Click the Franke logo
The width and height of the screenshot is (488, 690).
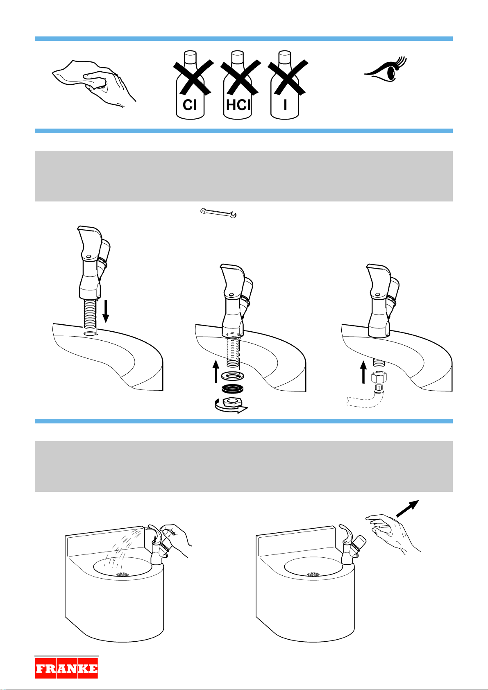click(x=66, y=668)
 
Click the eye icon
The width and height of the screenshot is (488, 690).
click(x=385, y=69)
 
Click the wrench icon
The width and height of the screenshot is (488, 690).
click(x=218, y=213)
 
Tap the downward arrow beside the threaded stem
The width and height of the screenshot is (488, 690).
click(x=106, y=312)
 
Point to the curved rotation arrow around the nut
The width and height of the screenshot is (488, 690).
click(x=230, y=407)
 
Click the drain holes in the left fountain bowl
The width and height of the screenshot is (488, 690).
click(x=123, y=574)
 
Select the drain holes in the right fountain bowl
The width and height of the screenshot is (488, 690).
click(x=314, y=574)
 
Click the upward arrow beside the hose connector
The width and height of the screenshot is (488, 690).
click(x=364, y=372)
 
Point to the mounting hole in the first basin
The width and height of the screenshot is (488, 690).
click(x=91, y=334)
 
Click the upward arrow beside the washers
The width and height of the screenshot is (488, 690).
click(x=216, y=371)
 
